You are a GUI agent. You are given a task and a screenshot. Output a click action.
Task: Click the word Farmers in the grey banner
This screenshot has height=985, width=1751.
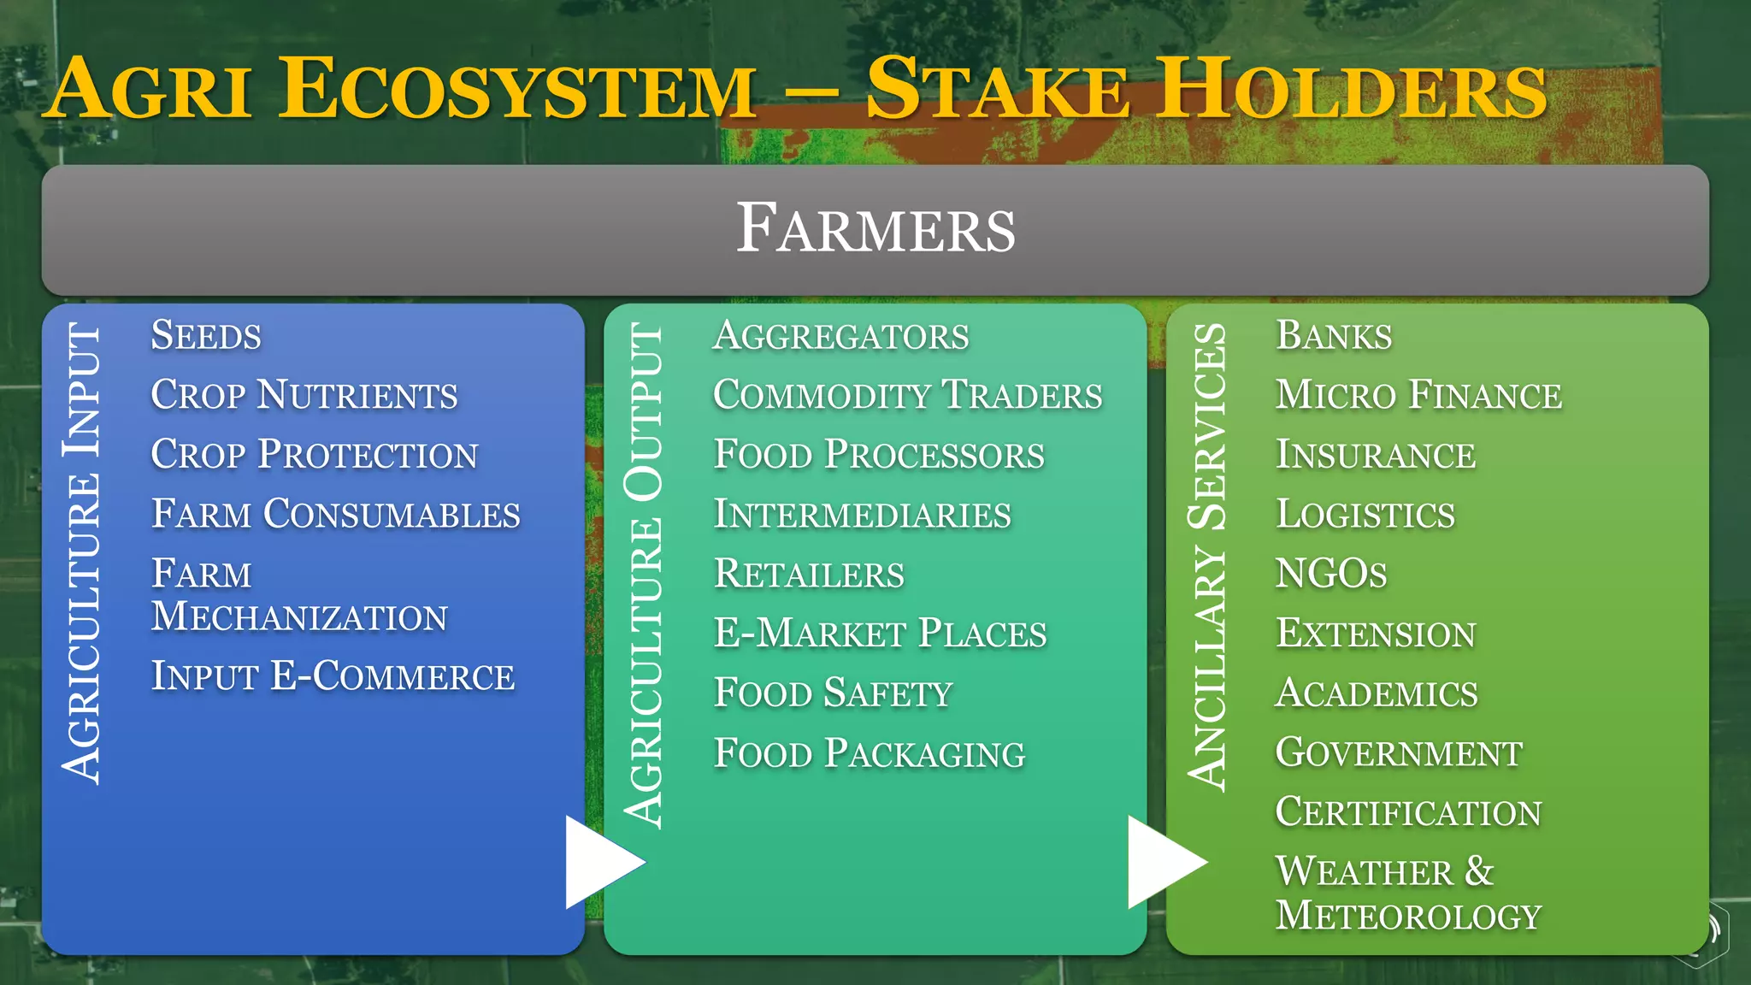pyautogui.click(x=875, y=229)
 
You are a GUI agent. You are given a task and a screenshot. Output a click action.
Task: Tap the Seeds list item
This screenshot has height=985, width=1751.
pyautogui.click(x=206, y=335)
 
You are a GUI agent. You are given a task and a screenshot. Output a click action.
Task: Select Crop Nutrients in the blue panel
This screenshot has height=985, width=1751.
pyautogui.click(x=304, y=395)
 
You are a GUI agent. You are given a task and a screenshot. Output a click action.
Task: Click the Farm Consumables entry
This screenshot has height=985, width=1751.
pyautogui.click(x=335, y=515)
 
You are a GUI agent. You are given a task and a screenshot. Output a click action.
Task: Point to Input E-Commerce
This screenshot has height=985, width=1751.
pyautogui.click(x=333, y=676)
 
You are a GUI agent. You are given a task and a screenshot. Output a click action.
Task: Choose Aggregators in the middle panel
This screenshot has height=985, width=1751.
pyautogui.click(x=841, y=336)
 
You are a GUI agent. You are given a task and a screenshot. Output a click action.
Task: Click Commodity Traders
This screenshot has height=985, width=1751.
pyautogui.click(x=908, y=395)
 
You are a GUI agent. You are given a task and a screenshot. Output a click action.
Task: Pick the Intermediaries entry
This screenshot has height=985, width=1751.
pyautogui.click(x=863, y=515)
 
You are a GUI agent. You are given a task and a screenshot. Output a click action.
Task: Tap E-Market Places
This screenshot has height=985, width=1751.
pyautogui.click(x=881, y=634)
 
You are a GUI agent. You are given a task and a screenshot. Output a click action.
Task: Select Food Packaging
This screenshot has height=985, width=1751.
pyautogui.click(x=870, y=753)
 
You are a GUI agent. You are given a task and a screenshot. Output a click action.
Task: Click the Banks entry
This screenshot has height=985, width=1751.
pyautogui.click(x=1334, y=335)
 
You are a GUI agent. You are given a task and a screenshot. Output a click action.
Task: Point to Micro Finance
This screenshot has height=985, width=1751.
pyautogui.click(x=1418, y=395)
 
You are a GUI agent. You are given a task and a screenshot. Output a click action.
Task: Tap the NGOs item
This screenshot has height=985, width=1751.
pyautogui.click(x=1331, y=574)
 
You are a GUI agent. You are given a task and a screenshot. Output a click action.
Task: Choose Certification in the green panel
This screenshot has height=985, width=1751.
pyautogui.click(x=1408, y=812)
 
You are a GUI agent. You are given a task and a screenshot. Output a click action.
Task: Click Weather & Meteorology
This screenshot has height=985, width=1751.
pyautogui.click(x=1408, y=894)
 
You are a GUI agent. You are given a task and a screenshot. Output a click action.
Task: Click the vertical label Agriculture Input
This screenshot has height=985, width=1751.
pyautogui.click(x=83, y=553)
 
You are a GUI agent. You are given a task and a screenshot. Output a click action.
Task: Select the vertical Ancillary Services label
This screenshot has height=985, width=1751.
pyautogui.click(x=1207, y=557)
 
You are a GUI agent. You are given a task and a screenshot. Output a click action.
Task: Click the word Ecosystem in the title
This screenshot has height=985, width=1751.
pyautogui.click(x=517, y=90)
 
